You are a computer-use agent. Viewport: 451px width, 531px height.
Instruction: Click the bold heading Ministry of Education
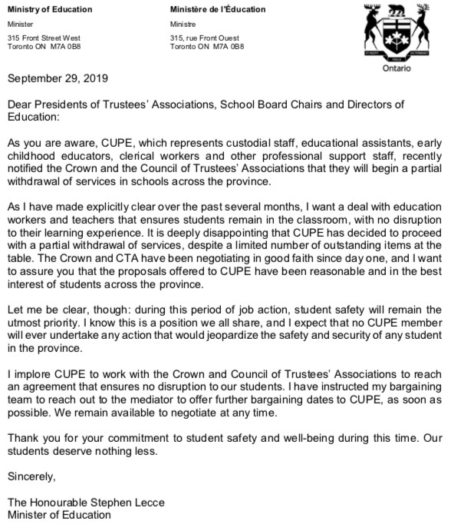[x=48, y=9]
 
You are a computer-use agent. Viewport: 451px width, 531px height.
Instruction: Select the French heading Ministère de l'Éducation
[x=217, y=9]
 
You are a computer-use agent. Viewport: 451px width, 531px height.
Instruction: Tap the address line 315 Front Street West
[x=44, y=36]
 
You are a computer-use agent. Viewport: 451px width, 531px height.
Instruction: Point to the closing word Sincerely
[x=31, y=476]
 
